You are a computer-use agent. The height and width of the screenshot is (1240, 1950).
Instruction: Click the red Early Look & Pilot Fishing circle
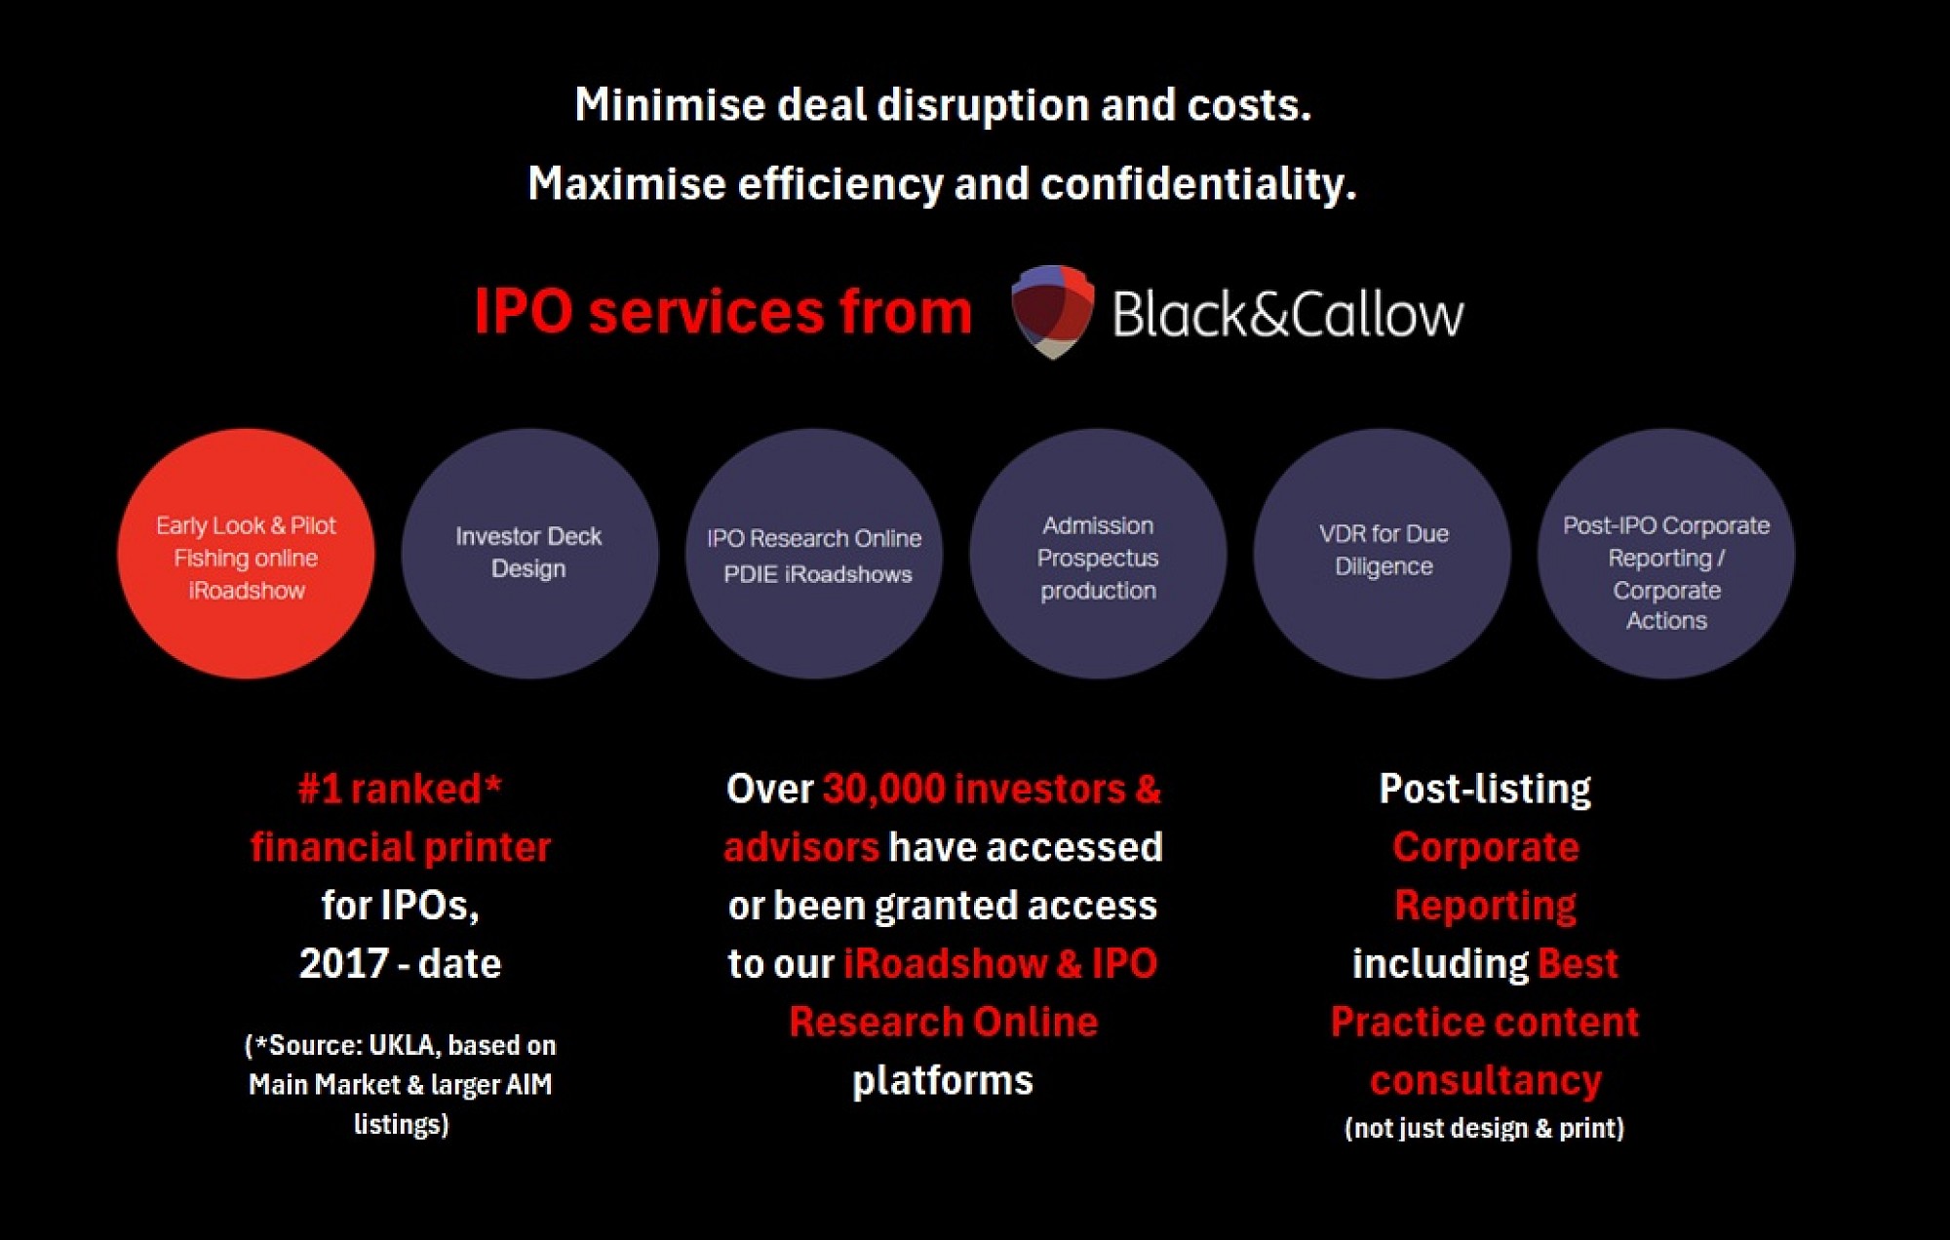[x=246, y=554]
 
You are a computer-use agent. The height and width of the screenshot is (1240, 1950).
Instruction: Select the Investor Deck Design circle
[x=529, y=554]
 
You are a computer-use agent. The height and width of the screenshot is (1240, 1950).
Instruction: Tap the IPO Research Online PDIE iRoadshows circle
[x=814, y=554]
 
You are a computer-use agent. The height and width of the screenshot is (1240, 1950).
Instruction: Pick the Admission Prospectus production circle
[x=1098, y=554]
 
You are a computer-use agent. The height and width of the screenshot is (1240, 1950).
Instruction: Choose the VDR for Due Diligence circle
[x=1383, y=554]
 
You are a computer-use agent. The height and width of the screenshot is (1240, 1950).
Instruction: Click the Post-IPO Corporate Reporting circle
[x=1666, y=554]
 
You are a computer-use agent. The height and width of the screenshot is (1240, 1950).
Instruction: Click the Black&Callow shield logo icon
[x=1052, y=312]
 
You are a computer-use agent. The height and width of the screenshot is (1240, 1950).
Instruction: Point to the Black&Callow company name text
[x=1288, y=314]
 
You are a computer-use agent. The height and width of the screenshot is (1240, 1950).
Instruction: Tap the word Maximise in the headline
[x=626, y=183]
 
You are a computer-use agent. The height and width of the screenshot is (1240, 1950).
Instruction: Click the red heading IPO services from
[x=722, y=312]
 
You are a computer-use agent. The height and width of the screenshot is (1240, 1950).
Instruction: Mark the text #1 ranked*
[x=400, y=789]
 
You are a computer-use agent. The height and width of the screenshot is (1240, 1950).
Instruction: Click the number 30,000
[x=883, y=789]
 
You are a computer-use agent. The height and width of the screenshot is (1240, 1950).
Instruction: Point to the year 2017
[x=343, y=964]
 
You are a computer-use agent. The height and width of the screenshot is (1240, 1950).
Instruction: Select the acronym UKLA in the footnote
[x=405, y=1045]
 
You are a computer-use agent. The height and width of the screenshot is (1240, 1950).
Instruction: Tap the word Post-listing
[x=1484, y=789]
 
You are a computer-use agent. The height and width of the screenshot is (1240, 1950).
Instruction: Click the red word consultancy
[x=1485, y=1080]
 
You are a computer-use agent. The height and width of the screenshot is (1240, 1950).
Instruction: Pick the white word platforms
[x=942, y=1080]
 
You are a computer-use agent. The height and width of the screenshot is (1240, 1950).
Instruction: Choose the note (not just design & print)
[x=1484, y=1128]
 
